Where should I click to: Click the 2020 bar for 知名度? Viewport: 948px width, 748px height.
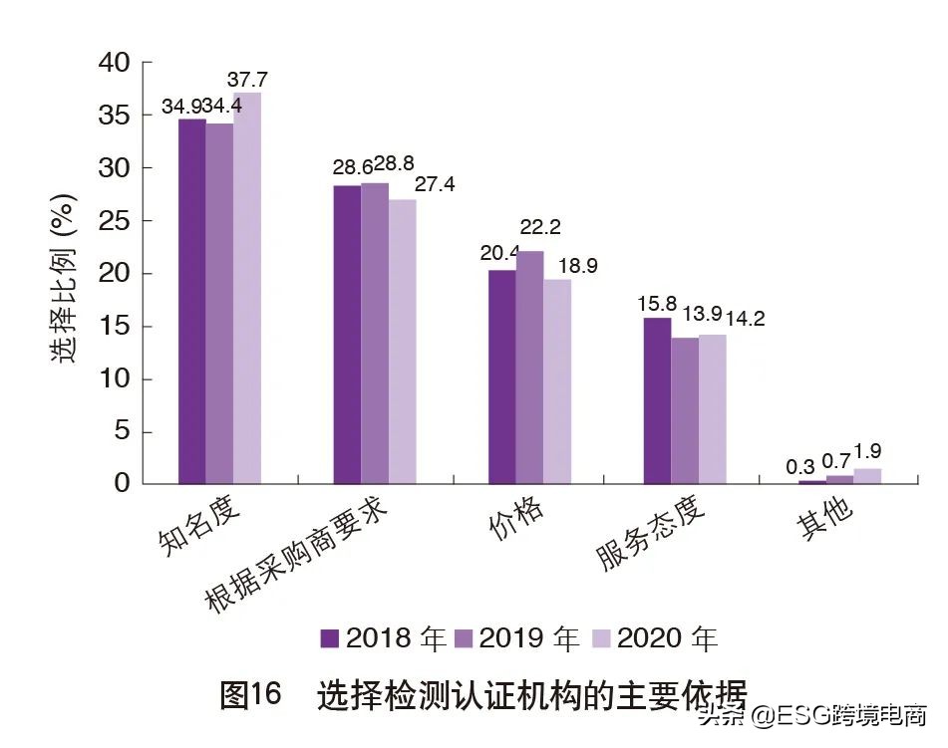click(x=247, y=289)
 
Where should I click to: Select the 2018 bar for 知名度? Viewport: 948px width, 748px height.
click(x=192, y=302)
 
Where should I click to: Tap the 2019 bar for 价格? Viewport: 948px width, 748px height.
click(x=530, y=368)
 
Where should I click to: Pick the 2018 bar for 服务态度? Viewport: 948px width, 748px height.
click(x=657, y=400)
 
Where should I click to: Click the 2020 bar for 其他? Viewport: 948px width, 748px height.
click(x=867, y=476)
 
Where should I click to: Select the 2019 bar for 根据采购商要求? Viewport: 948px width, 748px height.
click(x=375, y=334)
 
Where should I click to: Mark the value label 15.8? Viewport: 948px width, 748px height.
click(x=657, y=302)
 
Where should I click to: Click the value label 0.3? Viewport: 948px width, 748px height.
click(x=800, y=465)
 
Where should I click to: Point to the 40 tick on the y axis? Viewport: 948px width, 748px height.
click(x=115, y=63)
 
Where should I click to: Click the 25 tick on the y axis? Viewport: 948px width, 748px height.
click(x=115, y=221)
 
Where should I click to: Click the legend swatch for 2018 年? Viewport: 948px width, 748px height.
click(x=330, y=637)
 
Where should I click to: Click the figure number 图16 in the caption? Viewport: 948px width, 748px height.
click(x=251, y=694)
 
